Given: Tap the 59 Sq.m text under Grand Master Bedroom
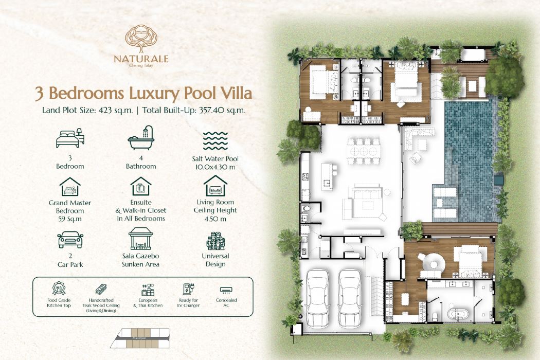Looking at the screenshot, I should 70,219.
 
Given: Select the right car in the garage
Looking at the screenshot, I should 349,298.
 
